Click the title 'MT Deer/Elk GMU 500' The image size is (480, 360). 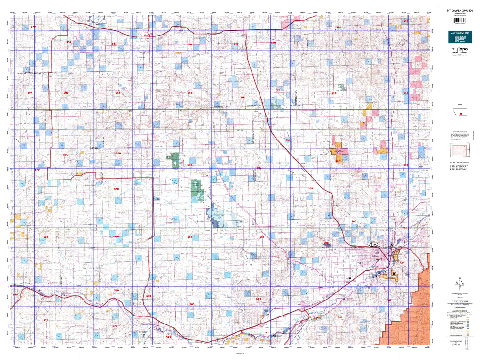460,11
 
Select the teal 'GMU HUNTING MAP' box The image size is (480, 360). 460,37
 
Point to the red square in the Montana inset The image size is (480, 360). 461,113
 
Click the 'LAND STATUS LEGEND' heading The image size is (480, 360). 460,311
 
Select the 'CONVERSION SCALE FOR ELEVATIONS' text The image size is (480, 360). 456,343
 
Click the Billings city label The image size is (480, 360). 376,256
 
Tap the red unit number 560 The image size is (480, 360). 15,294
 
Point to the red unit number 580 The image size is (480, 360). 405,21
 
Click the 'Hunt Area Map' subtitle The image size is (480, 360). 460,14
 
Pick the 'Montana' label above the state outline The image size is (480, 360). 460,104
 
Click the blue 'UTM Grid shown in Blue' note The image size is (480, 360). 460,307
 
